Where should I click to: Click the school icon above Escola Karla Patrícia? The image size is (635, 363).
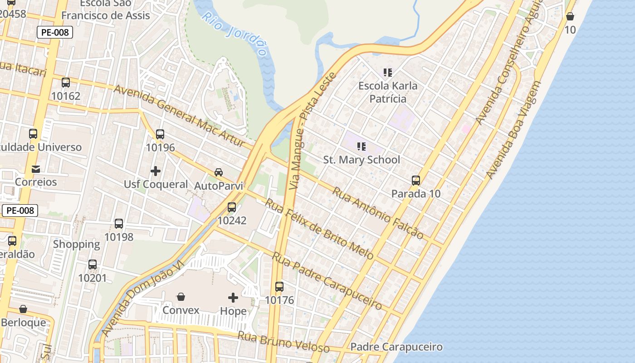[x=387, y=72]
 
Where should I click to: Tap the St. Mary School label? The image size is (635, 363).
[x=361, y=160]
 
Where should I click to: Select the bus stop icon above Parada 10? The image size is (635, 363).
[x=416, y=181]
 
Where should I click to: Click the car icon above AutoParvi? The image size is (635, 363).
[x=219, y=172]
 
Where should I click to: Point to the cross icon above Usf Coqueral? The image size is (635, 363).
[x=156, y=171]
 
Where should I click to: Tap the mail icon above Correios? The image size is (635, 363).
[x=36, y=169]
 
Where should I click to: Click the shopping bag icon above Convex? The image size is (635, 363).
[x=181, y=297]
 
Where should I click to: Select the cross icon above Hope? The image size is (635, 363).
[x=233, y=298]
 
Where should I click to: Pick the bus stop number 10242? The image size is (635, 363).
[x=232, y=221]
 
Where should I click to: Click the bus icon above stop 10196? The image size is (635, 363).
[x=160, y=134]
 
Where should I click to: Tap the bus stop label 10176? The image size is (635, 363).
[x=279, y=300]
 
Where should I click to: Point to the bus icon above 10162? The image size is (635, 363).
[x=66, y=83]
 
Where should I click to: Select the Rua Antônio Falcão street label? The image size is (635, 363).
[x=378, y=213]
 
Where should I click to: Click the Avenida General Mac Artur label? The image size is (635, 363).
[x=183, y=117]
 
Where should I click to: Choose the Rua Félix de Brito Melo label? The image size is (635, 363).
[x=319, y=229]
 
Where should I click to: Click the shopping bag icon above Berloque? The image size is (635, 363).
[x=23, y=309]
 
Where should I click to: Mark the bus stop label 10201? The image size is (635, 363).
[x=93, y=278]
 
